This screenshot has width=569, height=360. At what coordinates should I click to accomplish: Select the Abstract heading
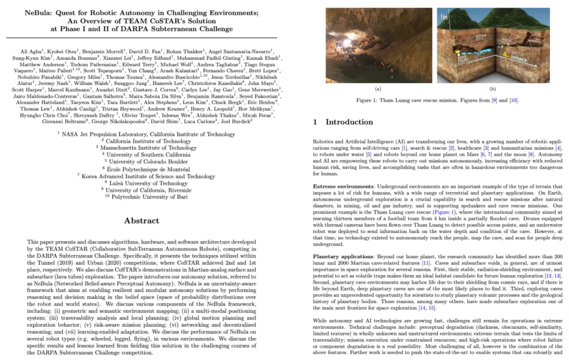(141, 221)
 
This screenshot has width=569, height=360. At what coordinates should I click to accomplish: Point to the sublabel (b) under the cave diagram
(493, 89)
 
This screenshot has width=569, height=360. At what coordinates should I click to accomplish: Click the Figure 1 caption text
(437, 100)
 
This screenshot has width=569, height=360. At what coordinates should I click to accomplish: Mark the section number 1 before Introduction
(315, 122)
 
